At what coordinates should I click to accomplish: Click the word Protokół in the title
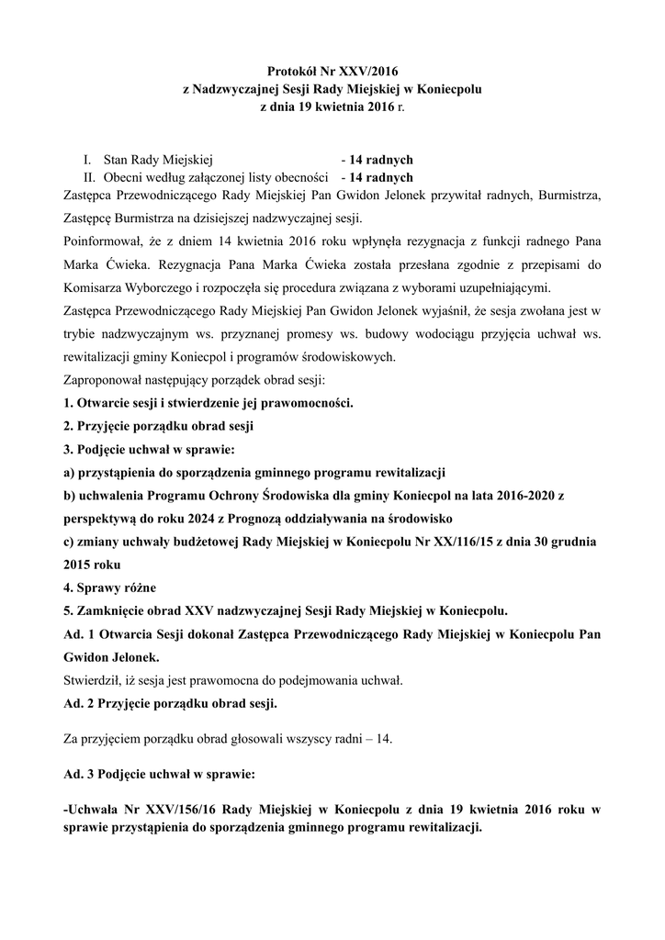pyautogui.click(x=291, y=70)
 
